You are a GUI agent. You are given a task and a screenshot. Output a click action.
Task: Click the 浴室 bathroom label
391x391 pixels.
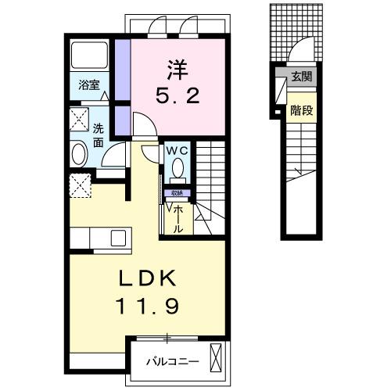[x=88, y=85]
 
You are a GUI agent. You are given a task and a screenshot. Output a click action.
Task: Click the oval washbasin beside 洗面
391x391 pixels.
[x=79, y=153]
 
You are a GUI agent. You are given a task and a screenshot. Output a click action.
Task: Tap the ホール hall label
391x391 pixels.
[x=179, y=218]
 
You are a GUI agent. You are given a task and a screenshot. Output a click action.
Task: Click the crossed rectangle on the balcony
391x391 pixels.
[x=217, y=361]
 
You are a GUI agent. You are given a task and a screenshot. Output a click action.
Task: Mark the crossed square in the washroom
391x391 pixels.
[x=78, y=120]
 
